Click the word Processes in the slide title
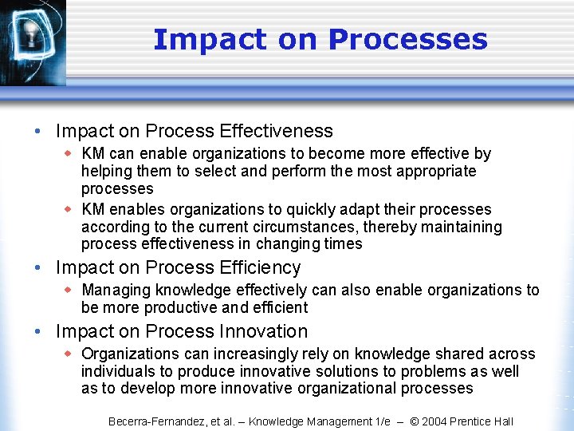pyautogui.click(x=407, y=39)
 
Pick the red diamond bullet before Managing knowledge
pyautogui.click(x=69, y=290)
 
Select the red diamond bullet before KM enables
pyautogui.click(x=69, y=209)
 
